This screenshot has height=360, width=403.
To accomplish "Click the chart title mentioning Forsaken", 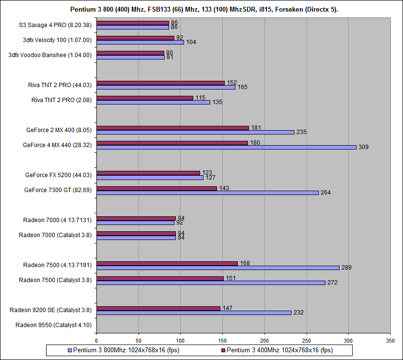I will pos(201,9).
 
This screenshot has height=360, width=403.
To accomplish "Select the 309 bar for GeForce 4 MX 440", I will pos(226,147).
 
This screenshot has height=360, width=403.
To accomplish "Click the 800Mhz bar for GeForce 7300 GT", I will pos(207,193).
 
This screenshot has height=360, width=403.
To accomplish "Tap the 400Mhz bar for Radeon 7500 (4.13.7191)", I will pos(167,263).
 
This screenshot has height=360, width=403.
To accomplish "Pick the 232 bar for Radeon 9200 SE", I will pos(194,313).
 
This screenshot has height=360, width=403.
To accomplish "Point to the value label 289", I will pos(346,268).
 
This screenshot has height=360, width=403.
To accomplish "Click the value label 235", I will pos(301,132).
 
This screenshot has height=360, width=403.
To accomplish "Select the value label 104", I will pos(191,43).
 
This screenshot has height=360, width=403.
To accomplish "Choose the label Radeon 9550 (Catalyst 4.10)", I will pos(53,325).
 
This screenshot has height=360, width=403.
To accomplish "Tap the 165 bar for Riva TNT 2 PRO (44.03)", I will pos(166,87).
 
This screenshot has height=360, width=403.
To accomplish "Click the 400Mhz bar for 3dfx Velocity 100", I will pos(135,38).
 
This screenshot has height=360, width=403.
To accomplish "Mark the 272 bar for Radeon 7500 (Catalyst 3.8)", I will pos(211,283).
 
